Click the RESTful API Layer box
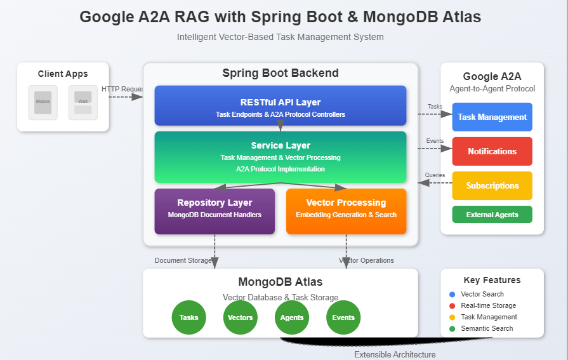pos(280,105)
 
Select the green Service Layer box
pos(280,157)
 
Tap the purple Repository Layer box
pos(215,211)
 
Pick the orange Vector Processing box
pos(346,211)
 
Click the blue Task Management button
pos(492,117)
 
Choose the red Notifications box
pos(492,151)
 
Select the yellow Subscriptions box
pos(492,185)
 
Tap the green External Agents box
pos(492,215)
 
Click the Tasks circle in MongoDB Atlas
pos(189,317)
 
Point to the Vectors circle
pos(241,317)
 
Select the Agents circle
pos(292,317)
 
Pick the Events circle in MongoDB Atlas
pos(343,317)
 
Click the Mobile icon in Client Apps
pos(43,102)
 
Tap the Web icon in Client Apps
pos(83,102)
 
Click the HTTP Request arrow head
pos(138,97)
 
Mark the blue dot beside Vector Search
pos(452,295)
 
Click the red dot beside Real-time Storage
pos(452,306)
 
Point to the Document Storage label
pos(183,260)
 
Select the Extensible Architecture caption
pos(395,354)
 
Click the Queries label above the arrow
pos(435,175)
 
